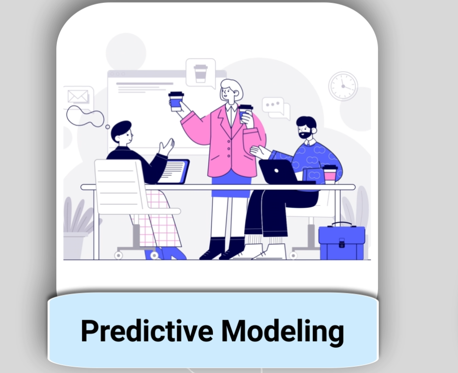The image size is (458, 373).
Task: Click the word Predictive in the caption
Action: click(147, 331)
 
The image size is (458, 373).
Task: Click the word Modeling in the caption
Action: click(282, 332)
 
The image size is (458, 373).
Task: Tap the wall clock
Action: click(343, 86)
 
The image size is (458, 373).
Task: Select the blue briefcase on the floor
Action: click(342, 241)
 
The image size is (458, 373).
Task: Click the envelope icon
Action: click(78, 96)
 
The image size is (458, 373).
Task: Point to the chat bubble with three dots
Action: click(273, 105)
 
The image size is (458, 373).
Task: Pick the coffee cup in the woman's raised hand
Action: click(177, 102)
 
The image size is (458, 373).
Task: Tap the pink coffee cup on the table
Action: click(330, 174)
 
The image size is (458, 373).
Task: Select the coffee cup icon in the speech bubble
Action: click(200, 73)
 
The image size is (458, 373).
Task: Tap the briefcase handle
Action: click(342, 224)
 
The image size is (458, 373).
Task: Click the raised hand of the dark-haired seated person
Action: click(166, 146)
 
